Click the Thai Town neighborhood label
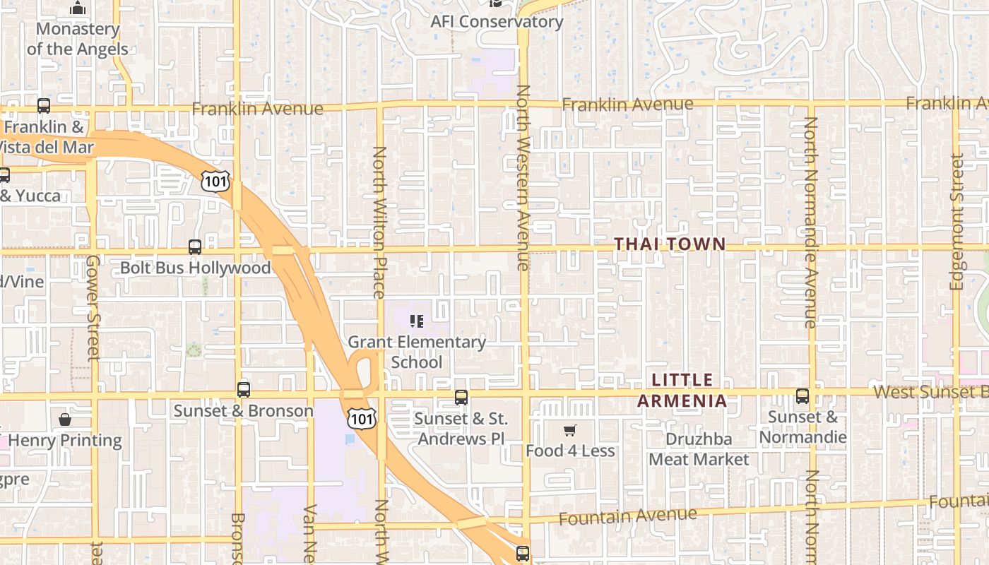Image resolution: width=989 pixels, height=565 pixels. pos(669,244)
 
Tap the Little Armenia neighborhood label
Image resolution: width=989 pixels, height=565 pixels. pos(682,391)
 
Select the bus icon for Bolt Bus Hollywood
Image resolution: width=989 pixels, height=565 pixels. pos(195,247)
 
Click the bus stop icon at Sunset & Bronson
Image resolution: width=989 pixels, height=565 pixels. pos(244,389)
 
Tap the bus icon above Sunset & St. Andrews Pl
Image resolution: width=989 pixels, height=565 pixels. pos(461,397)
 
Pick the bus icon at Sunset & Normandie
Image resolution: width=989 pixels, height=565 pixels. pos(803,396)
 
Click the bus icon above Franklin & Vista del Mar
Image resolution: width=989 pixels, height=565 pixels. pos(44,106)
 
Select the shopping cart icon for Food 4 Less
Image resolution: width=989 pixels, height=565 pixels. pos(570,430)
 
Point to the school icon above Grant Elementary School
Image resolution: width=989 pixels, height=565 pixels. pos(417,322)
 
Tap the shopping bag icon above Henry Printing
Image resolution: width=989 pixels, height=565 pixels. pos(65,420)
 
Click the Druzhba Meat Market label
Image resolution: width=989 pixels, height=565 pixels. pos(699,449)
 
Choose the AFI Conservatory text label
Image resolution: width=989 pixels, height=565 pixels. pos(497,22)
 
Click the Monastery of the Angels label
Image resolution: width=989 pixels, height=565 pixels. pos(78,39)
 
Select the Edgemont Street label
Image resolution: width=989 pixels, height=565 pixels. pos(957,222)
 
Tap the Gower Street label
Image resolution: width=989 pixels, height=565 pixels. pos(93,307)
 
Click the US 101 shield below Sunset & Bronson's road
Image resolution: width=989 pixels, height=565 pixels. pos(361,420)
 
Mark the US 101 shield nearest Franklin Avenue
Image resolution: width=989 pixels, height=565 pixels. pos(215,181)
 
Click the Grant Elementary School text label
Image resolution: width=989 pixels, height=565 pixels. pos(417,352)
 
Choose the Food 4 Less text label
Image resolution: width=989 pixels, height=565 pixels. pos(570,451)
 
